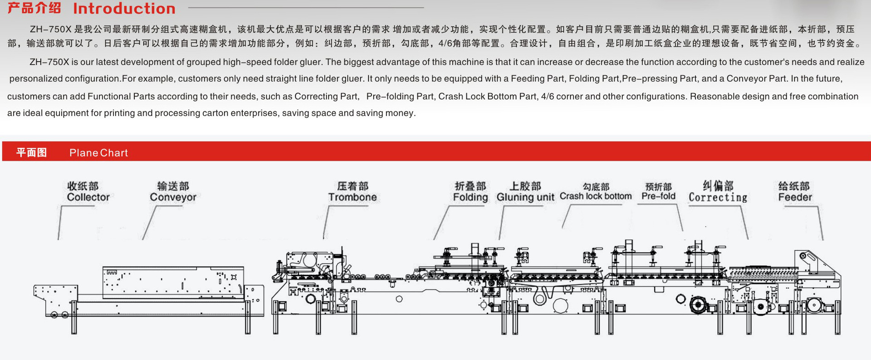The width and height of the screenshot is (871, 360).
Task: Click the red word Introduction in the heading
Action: point(124,8)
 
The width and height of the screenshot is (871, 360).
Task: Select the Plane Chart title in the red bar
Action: point(98,153)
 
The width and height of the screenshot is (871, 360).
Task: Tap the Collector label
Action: point(88,197)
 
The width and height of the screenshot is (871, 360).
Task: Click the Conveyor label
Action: point(173,197)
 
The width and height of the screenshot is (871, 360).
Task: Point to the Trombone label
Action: point(352,197)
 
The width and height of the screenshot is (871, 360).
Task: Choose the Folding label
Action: point(470,197)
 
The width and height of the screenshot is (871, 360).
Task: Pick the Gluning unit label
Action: point(525,197)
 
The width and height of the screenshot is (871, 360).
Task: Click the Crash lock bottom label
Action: point(595,196)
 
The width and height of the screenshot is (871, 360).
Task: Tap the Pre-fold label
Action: point(658,196)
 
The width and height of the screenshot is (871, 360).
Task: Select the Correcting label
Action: point(718,197)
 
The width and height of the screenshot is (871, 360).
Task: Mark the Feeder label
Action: point(795,197)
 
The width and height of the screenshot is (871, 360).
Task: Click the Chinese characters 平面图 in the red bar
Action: point(31,153)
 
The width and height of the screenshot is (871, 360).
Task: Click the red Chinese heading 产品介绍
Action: point(34,8)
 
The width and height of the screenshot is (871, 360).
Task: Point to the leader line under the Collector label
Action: point(59,222)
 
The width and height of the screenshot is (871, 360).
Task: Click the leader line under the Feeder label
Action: point(820,222)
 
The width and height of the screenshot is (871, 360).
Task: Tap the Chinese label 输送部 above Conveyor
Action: point(173,186)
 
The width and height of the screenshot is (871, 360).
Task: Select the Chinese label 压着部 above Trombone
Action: point(352,186)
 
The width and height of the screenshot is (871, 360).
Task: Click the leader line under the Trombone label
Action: point(325,222)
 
